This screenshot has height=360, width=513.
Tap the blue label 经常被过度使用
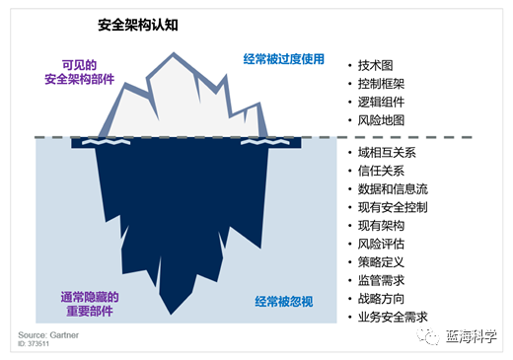point(283,59)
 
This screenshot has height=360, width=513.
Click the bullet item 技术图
point(376,64)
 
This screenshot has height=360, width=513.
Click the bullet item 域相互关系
point(388,152)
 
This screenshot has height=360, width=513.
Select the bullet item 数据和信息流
point(394,188)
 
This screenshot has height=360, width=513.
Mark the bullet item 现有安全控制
point(394,207)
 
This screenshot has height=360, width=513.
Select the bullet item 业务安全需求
point(394,318)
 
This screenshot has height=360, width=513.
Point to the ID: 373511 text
point(36,345)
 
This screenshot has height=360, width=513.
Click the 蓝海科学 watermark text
point(472,337)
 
